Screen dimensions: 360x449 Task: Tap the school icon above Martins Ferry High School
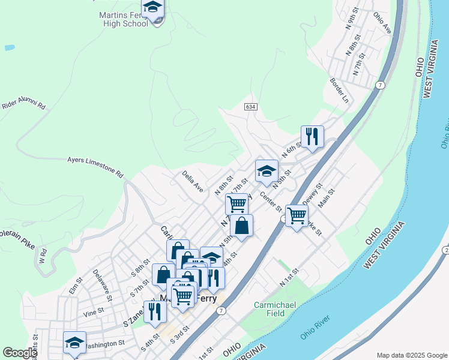(152, 7)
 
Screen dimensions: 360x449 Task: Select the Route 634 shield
(251, 106)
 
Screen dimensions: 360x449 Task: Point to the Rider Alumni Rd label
(24, 104)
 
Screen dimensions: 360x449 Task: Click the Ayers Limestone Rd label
(95, 167)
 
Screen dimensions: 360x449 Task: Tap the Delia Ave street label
(193, 181)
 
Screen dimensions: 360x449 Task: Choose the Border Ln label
(339, 90)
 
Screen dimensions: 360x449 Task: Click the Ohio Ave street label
(382, 22)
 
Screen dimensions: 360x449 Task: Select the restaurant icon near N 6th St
(312, 136)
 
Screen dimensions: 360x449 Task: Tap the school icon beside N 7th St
(267, 171)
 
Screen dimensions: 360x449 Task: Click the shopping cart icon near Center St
(296, 215)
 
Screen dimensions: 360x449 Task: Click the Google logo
(19, 353)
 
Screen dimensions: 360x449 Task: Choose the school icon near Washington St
(74, 342)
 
